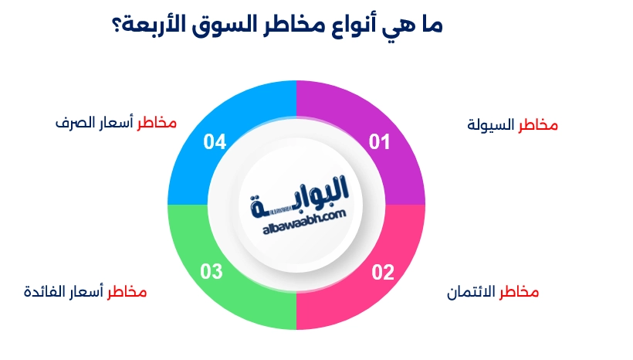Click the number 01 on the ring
coord(379,142)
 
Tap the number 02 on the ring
coord(383,272)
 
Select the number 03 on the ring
coord(212,272)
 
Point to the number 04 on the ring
coord(215,142)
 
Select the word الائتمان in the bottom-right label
coord(471,293)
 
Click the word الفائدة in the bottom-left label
coord(46,293)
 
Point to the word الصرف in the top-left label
coord(74,123)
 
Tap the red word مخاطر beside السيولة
coord(537,124)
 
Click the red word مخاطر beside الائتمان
coord(519,293)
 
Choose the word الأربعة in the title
coord(162,25)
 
